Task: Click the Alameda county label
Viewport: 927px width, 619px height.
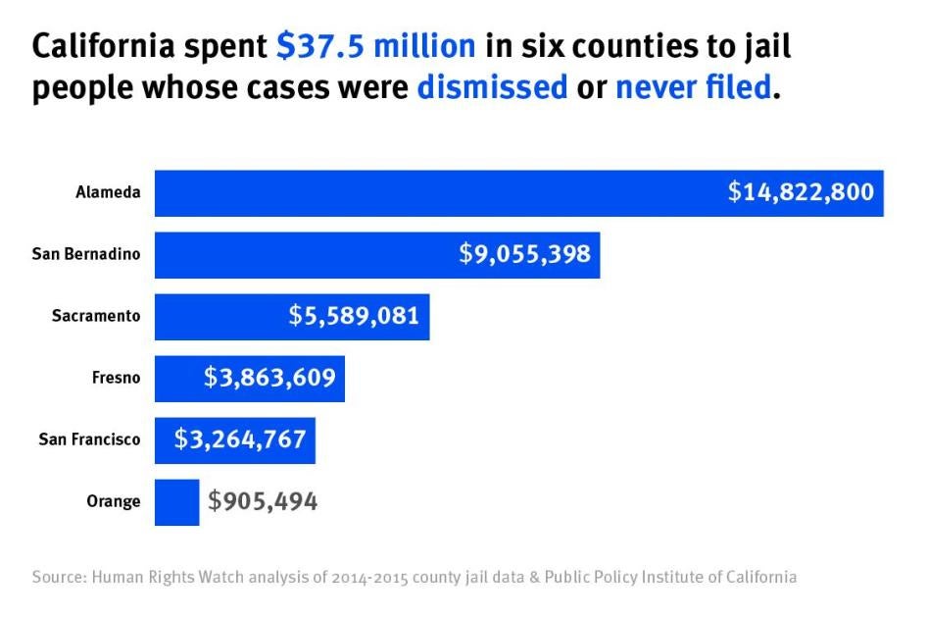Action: [108, 193]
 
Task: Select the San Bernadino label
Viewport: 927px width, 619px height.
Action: [86, 255]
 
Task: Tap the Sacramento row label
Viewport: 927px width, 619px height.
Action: [96, 316]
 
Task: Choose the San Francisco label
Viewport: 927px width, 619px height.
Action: [89, 439]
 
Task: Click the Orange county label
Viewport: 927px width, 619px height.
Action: [114, 501]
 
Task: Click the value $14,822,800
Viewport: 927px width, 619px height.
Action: [800, 192]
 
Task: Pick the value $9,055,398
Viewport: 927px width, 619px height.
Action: [524, 254]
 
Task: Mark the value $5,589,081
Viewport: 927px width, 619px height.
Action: [354, 316]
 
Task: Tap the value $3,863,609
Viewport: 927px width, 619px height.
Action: [269, 378]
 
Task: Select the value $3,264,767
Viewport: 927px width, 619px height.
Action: [240, 438]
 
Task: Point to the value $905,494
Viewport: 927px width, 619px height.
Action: [263, 501]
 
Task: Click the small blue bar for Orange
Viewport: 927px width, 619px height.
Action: [176, 501]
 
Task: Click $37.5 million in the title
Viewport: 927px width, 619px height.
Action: [375, 46]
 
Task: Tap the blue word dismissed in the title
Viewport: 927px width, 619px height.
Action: [492, 87]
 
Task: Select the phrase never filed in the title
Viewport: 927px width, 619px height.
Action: [693, 87]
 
